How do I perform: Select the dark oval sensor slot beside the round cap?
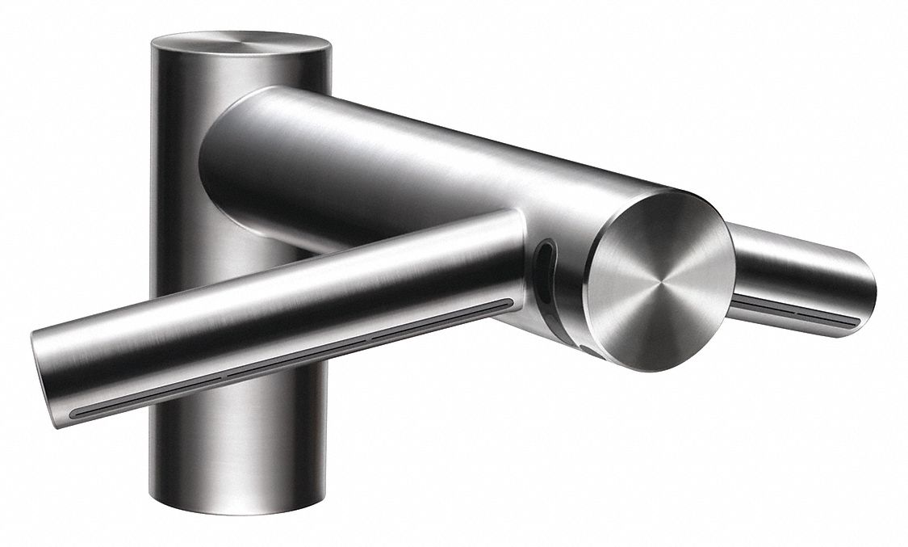point(546,257)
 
